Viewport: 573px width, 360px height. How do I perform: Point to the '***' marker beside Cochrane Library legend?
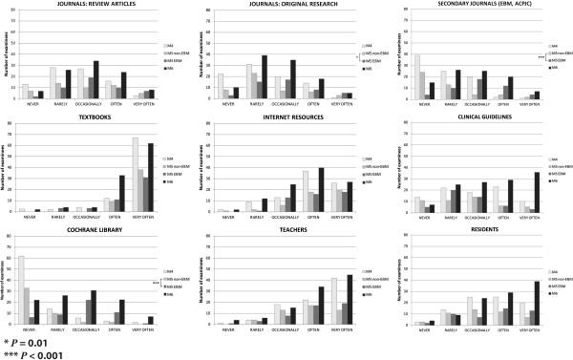tap(155, 284)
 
